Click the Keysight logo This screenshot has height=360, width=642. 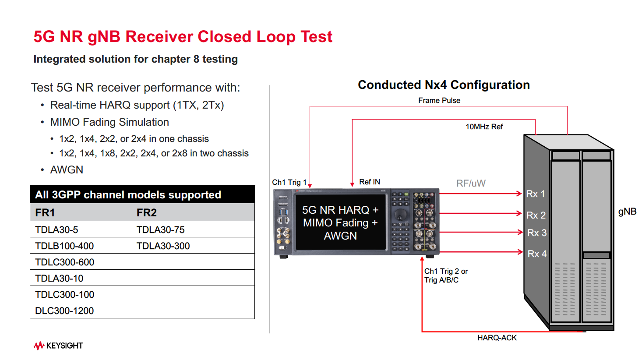[x=58, y=346]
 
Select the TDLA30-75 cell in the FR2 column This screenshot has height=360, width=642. [x=160, y=229]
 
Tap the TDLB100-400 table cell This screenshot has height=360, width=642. [x=64, y=246]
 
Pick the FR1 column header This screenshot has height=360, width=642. [x=45, y=213]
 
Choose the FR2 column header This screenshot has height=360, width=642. [x=146, y=213]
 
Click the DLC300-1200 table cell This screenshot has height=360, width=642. [x=64, y=311]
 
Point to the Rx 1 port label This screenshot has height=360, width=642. [x=535, y=194]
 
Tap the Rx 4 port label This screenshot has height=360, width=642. [x=537, y=254]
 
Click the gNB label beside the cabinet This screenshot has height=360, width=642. [x=627, y=212]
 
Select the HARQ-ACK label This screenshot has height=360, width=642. [x=497, y=338]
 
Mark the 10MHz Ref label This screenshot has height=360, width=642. [x=484, y=127]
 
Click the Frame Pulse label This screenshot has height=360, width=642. [x=439, y=100]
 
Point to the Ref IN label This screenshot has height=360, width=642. [x=370, y=182]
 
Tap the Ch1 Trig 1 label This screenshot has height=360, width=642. [x=289, y=182]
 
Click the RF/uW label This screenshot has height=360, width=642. [x=471, y=183]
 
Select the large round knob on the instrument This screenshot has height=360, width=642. [x=400, y=215]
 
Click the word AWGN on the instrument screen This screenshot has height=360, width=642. [x=340, y=236]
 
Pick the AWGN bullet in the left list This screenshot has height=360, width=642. [x=67, y=169]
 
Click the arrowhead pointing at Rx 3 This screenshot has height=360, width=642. [x=520, y=232]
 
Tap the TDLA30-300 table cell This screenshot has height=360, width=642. [x=163, y=246]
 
